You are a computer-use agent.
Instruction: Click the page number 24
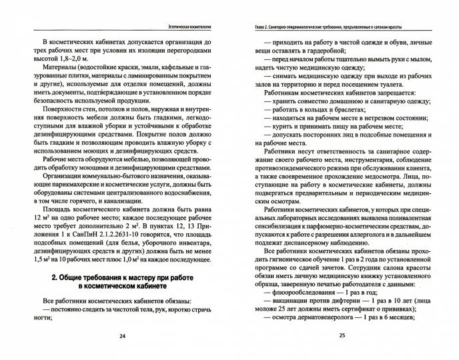122,335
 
